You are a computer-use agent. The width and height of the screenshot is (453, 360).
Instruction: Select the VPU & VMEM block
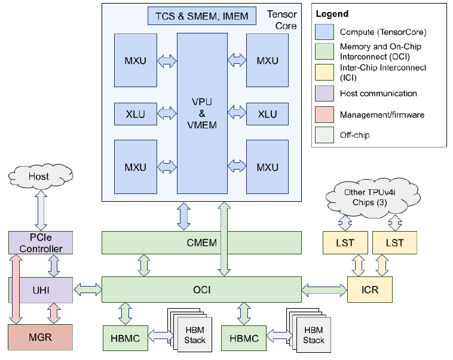pos(202,113)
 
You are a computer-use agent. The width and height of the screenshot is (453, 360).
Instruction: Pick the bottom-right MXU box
pos(267,167)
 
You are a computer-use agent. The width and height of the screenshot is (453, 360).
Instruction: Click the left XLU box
pos(135,113)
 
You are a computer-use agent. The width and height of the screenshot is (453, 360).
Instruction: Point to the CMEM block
pos(202,242)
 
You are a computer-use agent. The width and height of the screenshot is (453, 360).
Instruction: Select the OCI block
pos(202,290)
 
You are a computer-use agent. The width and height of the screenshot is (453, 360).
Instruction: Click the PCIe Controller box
pos(40,242)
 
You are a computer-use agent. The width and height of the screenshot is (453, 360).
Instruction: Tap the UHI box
pos(40,290)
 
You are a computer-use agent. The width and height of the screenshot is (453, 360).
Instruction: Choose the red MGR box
pos(40,337)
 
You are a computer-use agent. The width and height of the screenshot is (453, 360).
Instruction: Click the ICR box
pos(371,290)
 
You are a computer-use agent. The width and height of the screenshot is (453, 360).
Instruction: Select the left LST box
pos(344,243)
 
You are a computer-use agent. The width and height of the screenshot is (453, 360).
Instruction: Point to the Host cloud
pos(40,177)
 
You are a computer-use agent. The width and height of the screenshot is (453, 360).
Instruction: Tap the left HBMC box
pos(126,338)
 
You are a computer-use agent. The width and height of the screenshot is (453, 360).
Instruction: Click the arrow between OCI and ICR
pos(325,290)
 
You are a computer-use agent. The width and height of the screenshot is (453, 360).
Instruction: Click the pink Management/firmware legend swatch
pos(326,114)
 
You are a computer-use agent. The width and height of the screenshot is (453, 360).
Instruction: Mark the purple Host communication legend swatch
pos(326,93)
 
